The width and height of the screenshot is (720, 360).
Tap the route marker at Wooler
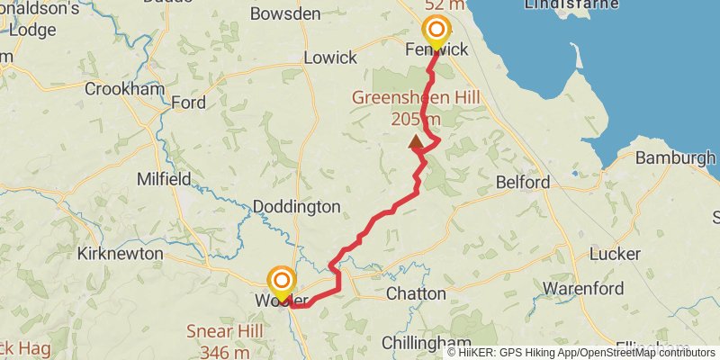point(282,281)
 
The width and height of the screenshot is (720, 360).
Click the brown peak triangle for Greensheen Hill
point(417,141)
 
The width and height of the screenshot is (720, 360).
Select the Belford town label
point(523,183)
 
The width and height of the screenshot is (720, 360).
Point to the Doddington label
point(296,207)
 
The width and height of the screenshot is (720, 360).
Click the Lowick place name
point(330,58)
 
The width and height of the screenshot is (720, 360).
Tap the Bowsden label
point(285,13)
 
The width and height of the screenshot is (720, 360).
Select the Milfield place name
point(163,179)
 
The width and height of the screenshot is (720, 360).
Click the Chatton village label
point(416,294)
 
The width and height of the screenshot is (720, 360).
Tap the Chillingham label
point(426,343)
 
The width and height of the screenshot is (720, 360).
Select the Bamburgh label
point(675,158)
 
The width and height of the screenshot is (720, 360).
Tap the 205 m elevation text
point(416,119)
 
